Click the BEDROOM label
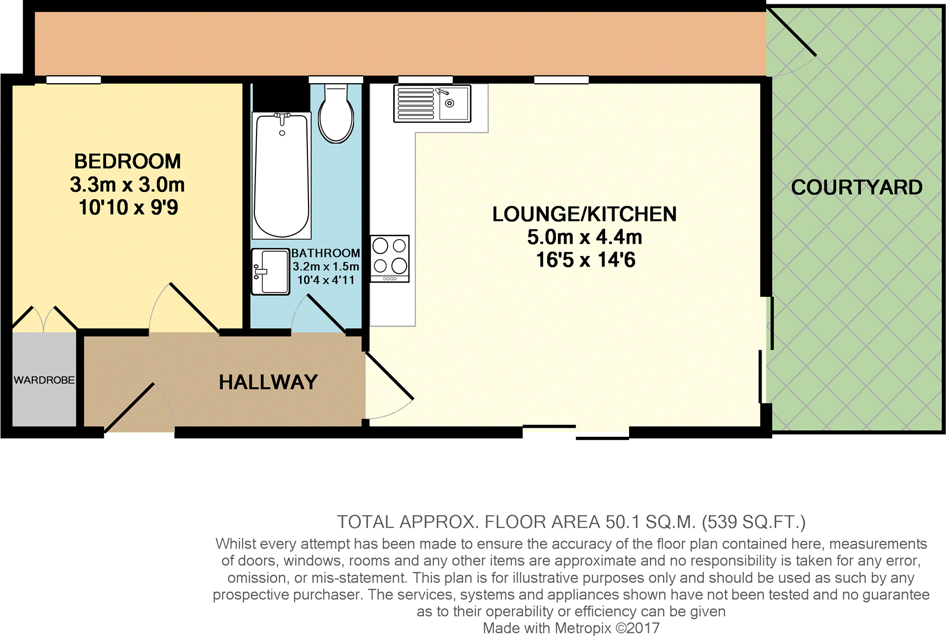click(127, 161)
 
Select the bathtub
click(281, 175)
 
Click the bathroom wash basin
click(270, 271)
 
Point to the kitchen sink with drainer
click(432, 103)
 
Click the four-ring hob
click(390, 259)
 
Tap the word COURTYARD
click(856, 188)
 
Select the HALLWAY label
click(268, 382)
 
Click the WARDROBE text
click(44, 380)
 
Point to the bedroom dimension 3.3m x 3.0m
click(127, 184)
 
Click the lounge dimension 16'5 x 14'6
click(585, 260)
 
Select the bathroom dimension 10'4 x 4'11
click(325, 280)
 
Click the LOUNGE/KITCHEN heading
click(584, 214)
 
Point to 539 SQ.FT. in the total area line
click(753, 522)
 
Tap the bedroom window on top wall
click(74, 80)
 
